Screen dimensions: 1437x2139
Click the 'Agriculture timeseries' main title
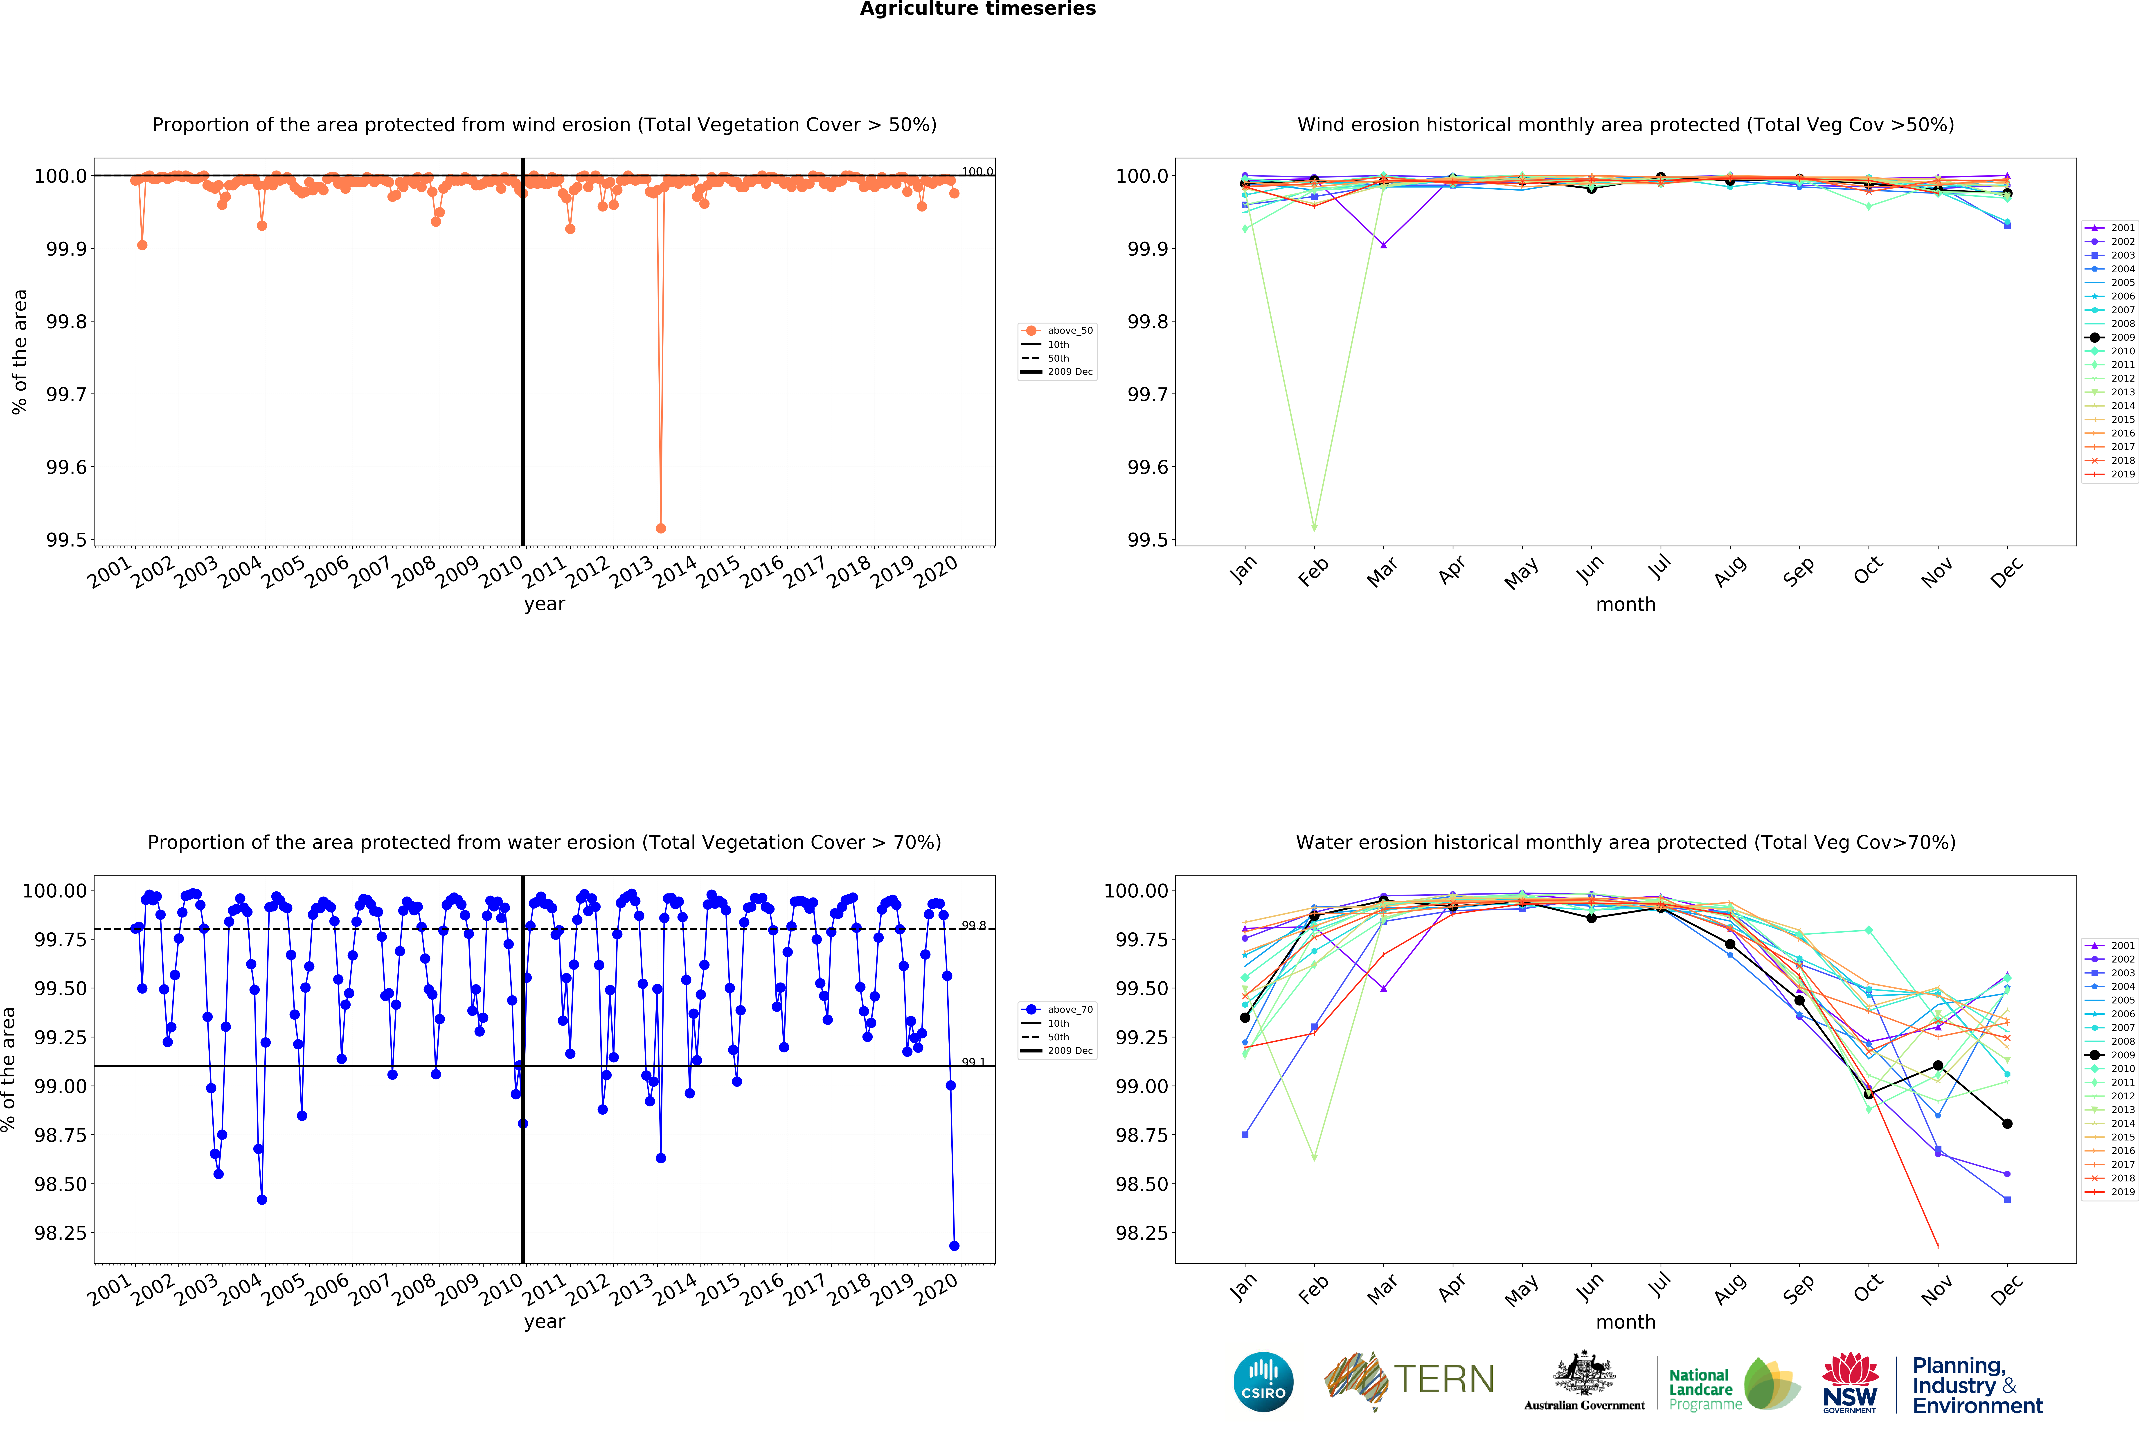click(977, 9)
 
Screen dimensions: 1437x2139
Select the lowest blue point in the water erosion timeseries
click(954, 1246)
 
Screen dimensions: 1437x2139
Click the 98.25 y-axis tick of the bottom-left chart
click(61, 1233)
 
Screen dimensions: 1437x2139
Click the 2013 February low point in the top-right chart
click(1314, 528)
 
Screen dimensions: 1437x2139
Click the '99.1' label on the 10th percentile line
click(973, 1062)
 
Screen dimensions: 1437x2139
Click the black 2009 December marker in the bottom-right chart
click(2007, 1124)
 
